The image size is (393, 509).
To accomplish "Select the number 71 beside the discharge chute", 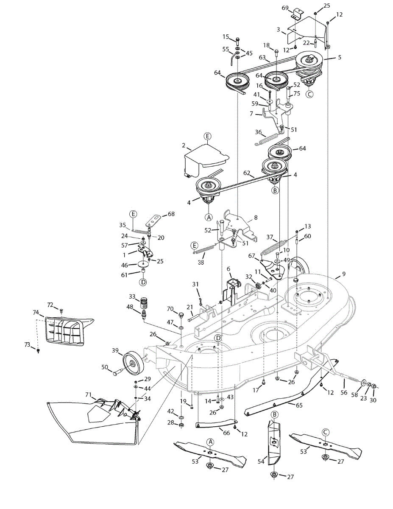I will coord(88,395).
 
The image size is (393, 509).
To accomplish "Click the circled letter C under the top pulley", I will coord(309,94).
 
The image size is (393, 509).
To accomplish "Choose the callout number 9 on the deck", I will coord(343,274).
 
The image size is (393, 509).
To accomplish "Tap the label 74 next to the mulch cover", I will coord(36,312).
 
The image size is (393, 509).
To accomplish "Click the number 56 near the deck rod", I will coord(344,393).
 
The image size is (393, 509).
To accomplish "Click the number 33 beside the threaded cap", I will coord(132,296).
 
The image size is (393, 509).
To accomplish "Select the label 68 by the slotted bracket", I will coord(171,214).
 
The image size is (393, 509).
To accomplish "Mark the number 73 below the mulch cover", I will coord(28,345).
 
